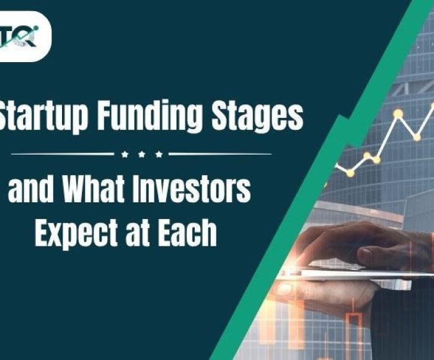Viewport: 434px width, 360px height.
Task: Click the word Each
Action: click(x=188, y=233)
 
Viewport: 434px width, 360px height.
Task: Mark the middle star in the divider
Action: click(x=141, y=153)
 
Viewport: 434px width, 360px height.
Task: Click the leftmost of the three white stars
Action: click(x=124, y=153)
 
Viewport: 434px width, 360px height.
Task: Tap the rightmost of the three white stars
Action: click(x=159, y=153)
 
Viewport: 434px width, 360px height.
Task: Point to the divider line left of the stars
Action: click(x=62, y=153)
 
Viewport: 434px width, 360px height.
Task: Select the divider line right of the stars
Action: click(x=220, y=153)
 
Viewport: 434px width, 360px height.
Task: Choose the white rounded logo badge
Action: click(x=25, y=36)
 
